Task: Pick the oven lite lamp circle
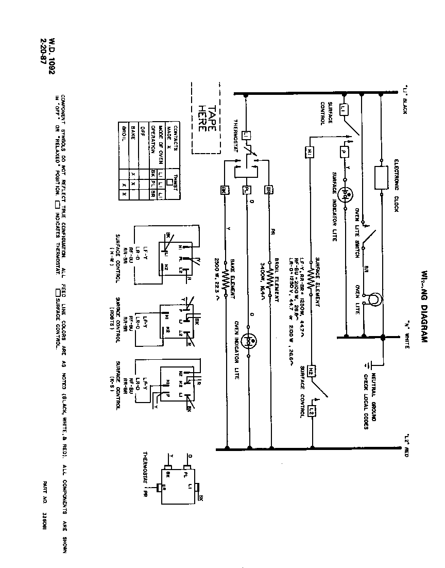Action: tap(374, 299)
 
